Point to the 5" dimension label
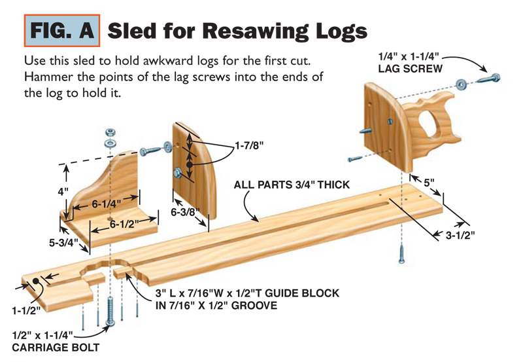[x=428, y=183]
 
